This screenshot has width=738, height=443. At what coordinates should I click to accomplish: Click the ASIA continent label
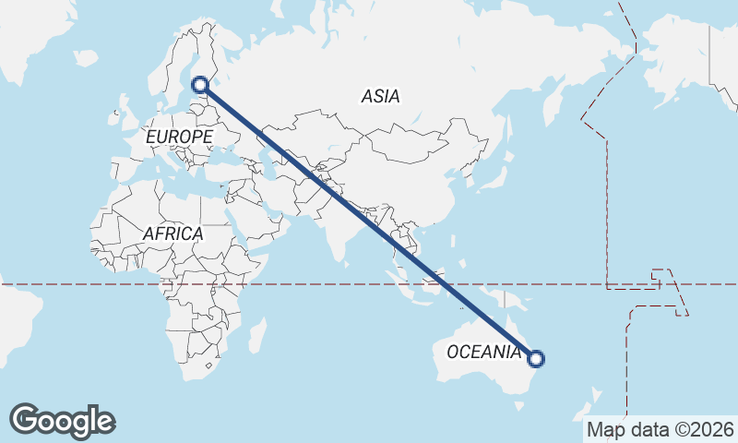380,95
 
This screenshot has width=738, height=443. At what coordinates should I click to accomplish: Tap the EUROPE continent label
179,137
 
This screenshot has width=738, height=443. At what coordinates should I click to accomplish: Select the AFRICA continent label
173,233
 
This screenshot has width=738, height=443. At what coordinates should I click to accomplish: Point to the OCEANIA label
482,352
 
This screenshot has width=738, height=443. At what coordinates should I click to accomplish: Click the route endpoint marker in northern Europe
202,85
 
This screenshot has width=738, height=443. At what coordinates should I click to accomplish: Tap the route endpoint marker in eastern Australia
535,358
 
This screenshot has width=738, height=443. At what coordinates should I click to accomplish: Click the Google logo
62,421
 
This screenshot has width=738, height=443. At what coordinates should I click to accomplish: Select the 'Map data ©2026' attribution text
660,429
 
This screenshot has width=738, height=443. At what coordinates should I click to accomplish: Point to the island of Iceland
86,57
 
